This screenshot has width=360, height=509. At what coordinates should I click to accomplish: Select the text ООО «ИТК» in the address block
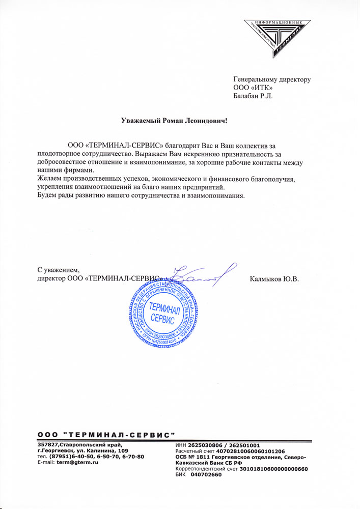251,88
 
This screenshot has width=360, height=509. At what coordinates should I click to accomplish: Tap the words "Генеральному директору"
271,79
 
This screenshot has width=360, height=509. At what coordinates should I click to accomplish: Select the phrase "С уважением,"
59,270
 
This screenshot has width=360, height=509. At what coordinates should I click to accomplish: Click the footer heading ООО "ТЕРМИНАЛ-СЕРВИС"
106,435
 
